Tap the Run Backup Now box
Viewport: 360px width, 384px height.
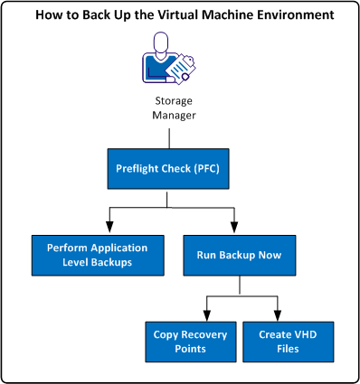[237, 255]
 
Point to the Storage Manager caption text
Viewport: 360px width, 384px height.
[171, 107]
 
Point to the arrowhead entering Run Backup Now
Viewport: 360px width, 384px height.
[237, 229]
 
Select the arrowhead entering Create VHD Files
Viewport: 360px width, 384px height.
[268, 315]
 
